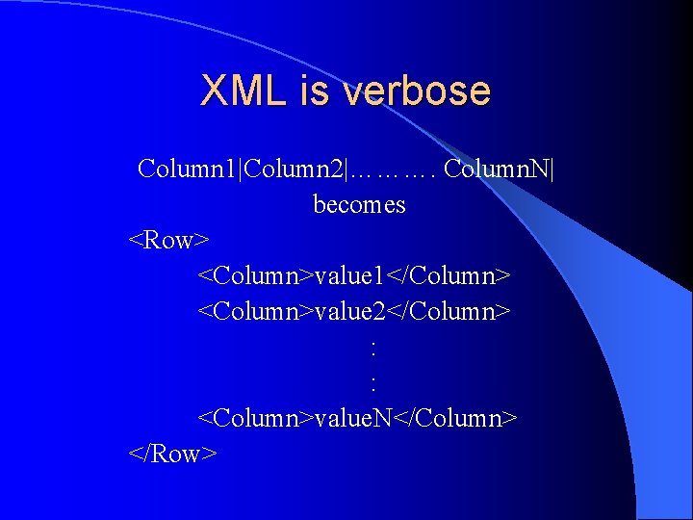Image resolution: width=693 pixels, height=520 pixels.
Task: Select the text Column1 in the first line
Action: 189,169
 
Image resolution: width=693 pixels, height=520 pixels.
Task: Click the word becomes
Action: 359,205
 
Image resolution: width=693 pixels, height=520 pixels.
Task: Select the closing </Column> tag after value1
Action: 449,276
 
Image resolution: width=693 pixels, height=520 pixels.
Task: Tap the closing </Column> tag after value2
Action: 449,312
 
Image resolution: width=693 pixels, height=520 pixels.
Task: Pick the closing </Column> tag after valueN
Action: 456,418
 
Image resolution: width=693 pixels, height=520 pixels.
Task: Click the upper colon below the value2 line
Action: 372,348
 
